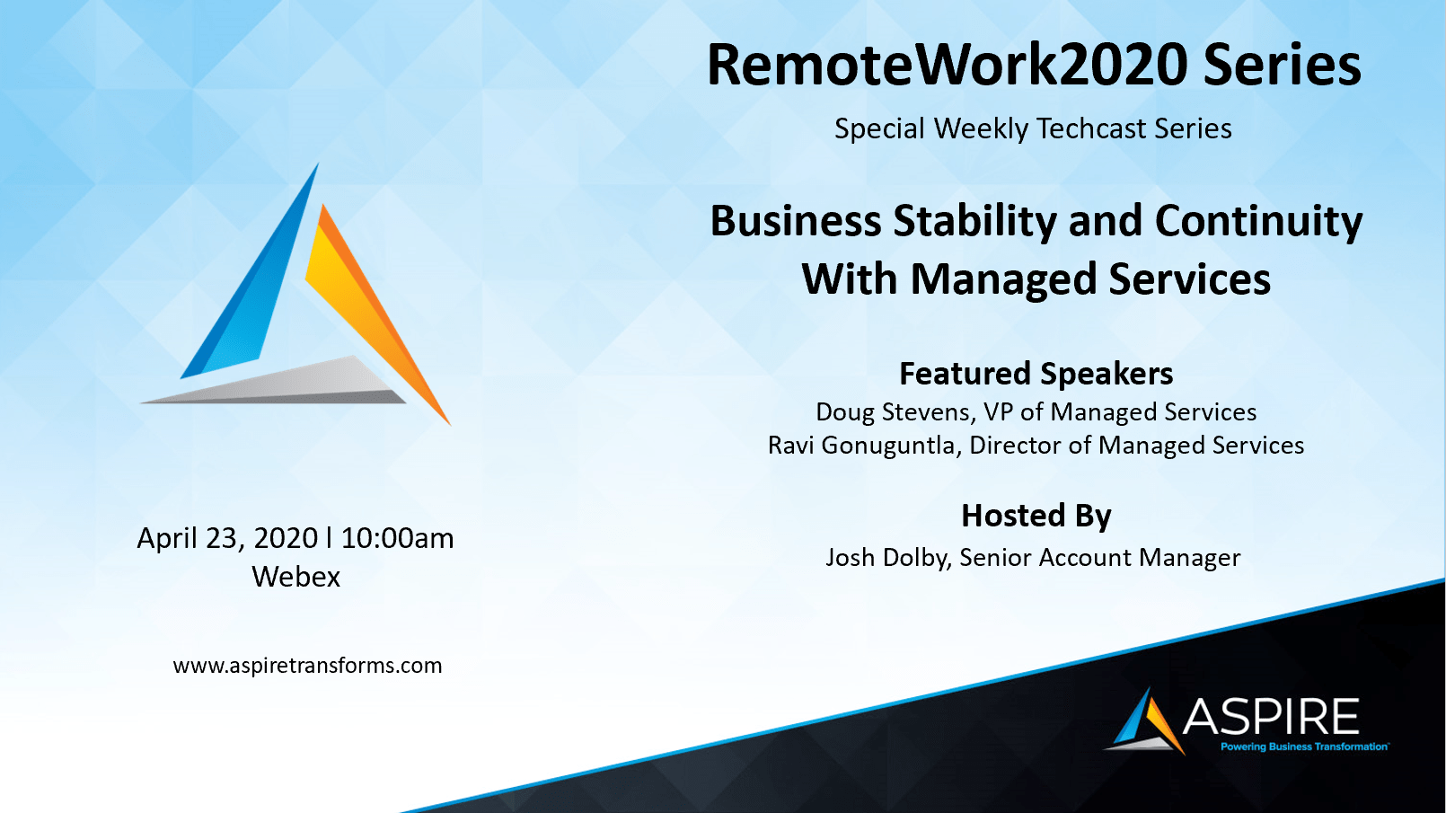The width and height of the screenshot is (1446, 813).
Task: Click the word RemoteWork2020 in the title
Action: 948,66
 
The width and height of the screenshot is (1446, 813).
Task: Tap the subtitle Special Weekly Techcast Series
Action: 1033,128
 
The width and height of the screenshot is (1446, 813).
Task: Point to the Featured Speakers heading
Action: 1036,374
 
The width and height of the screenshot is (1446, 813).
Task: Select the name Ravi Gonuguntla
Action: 862,446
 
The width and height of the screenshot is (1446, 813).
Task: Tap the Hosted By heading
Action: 1036,516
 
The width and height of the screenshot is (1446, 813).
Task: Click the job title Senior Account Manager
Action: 1100,558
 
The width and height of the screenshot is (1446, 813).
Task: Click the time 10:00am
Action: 397,538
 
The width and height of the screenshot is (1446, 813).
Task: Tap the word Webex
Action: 295,577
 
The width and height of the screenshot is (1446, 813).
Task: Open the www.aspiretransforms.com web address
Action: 307,666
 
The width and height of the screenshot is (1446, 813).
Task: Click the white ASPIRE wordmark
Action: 1270,716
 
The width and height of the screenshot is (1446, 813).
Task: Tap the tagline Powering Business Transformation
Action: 1304,747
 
